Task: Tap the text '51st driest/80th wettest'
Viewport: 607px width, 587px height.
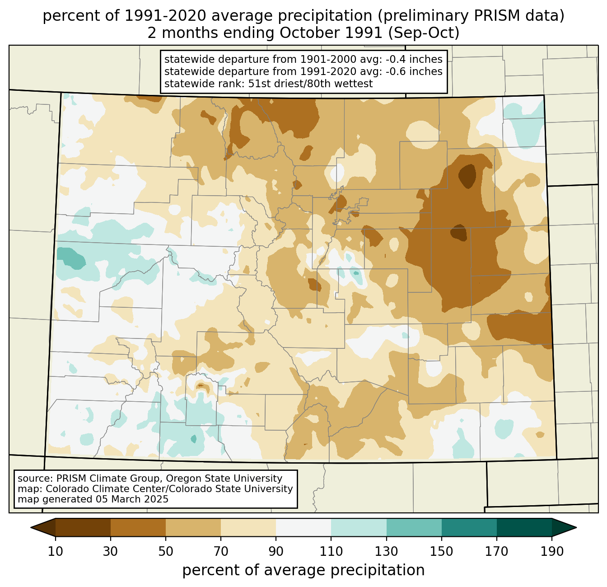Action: pyautogui.click(x=310, y=84)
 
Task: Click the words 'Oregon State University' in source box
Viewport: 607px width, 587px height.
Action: pyautogui.click(x=224, y=479)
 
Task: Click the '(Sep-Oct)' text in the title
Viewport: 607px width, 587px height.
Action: pyautogui.click(x=424, y=33)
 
